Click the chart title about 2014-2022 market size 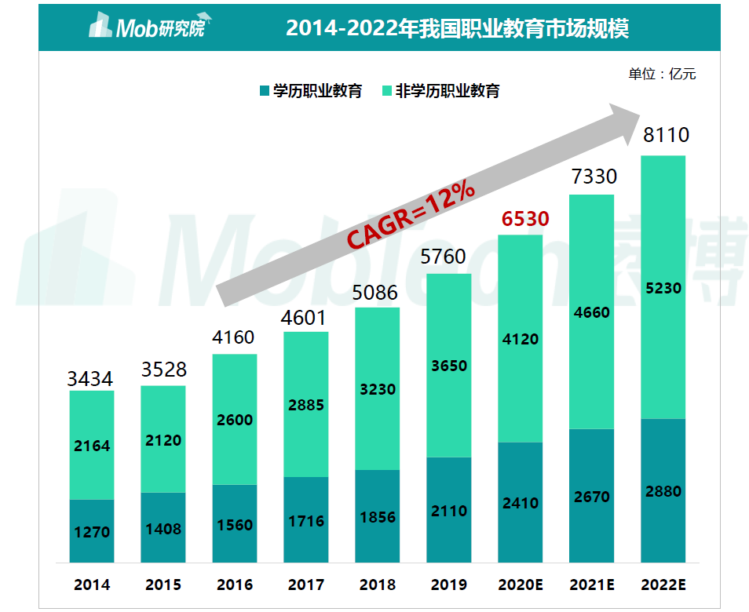(457, 28)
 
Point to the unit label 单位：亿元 (661, 75)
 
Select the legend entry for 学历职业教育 (309, 91)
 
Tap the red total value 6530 (525, 219)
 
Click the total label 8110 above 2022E (665, 136)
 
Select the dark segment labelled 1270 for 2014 (92, 532)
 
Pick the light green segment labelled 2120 (163, 440)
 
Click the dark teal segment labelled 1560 (234, 524)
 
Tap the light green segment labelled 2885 (305, 406)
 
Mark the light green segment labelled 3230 (377, 389)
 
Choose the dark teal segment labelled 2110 (448, 511)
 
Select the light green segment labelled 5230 (663, 288)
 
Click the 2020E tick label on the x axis (521, 585)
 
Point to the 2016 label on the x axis (234, 585)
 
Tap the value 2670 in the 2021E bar (591, 497)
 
